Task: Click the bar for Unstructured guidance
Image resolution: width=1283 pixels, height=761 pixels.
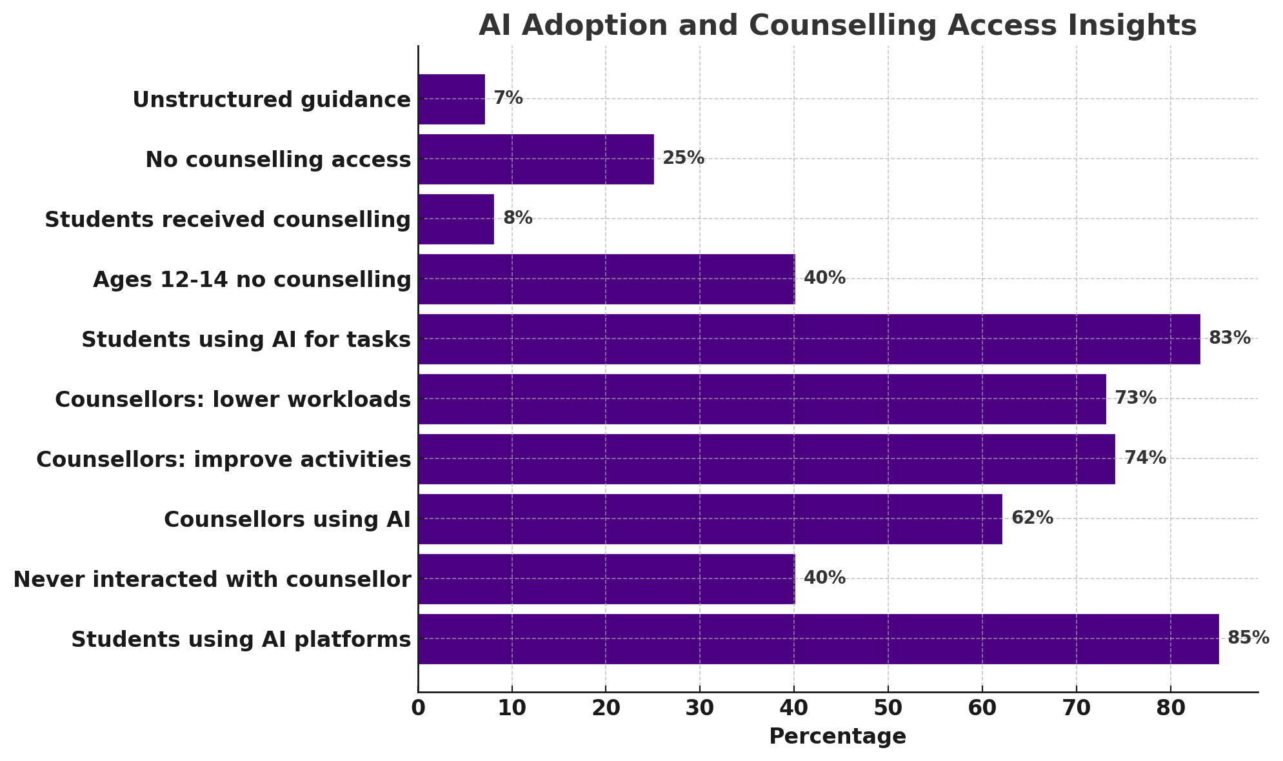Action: (x=452, y=99)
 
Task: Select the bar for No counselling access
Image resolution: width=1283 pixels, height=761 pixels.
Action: (x=536, y=159)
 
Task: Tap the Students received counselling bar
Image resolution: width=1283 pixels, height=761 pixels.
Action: (x=456, y=219)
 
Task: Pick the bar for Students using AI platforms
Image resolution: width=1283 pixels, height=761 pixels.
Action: (x=818, y=639)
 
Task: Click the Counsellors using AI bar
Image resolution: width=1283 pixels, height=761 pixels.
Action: (x=710, y=519)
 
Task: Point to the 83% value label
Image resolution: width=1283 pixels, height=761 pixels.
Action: (x=1229, y=339)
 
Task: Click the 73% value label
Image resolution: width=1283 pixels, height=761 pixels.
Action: (x=1135, y=399)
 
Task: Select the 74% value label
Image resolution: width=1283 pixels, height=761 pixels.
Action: (x=1145, y=459)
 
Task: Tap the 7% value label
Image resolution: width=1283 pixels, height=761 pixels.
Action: (x=508, y=99)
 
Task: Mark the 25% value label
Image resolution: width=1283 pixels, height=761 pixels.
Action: (x=684, y=159)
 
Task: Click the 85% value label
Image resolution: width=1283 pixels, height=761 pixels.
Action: (x=1248, y=638)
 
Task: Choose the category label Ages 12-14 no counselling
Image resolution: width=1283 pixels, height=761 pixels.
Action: (x=252, y=280)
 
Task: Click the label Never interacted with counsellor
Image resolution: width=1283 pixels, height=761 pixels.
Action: (x=212, y=580)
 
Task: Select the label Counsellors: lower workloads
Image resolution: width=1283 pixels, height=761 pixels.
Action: (x=233, y=400)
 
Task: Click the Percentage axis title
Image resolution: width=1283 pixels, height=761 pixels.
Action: (x=837, y=736)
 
